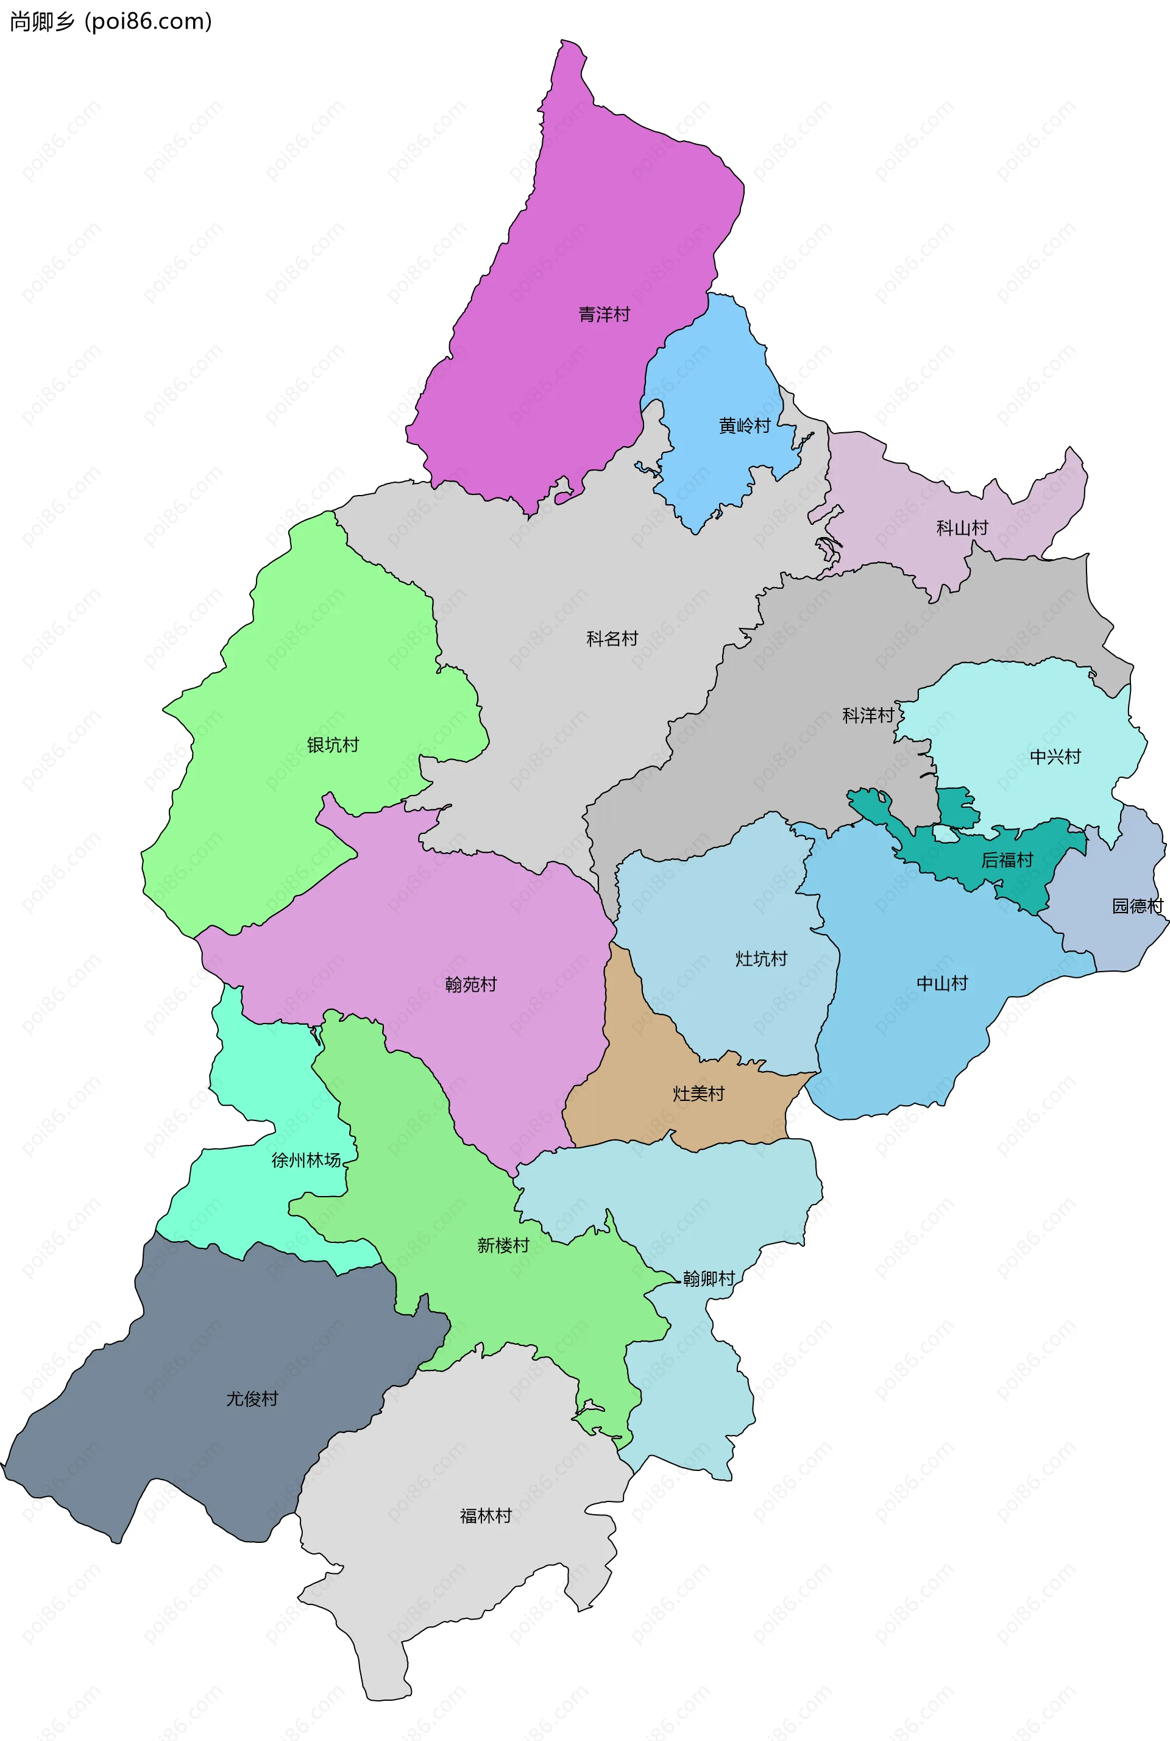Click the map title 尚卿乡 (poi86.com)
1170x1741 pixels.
pos(110,22)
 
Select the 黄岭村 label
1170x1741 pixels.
pos(744,426)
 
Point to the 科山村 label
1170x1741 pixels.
pos(962,529)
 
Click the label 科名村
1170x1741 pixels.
pos(612,639)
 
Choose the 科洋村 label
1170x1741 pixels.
pos(868,716)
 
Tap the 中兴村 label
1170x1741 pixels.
pos(1055,757)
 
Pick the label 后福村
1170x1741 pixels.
pos(1007,860)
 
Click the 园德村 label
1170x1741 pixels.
pos(1137,906)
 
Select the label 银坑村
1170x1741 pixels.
pos(333,745)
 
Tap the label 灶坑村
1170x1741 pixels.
pos(761,959)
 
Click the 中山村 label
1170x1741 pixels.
pos(941,983)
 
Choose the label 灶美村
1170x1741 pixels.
pos(698,1094)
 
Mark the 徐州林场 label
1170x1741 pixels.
pos(306,1161)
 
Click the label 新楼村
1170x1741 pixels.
pos(503,1245)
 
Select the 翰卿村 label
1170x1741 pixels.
pos(709,1279)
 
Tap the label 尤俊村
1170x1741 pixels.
pos(252,1398)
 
